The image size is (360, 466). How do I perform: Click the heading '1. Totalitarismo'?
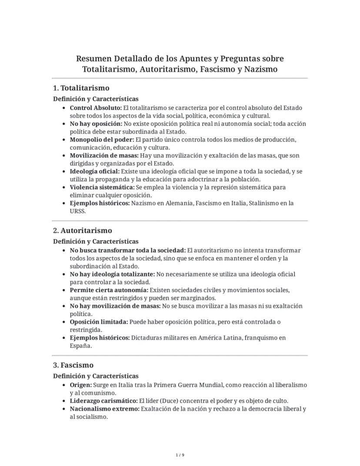coord(81,88)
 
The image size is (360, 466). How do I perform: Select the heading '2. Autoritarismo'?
coord(82,231)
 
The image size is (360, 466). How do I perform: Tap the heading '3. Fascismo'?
coord(73,365)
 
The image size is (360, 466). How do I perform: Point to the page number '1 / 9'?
coord(180,455)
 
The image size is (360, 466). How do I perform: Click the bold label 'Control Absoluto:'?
coord(96,108)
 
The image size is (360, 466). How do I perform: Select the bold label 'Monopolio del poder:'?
coord(102,140)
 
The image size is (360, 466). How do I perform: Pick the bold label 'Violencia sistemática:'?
coord(102,188)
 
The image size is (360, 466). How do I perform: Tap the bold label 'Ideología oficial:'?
coord(94,171)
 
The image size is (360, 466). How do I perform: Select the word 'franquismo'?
coord(270,338)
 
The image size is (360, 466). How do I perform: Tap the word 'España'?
coord(80,346)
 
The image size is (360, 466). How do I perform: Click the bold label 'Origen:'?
coord(80,385)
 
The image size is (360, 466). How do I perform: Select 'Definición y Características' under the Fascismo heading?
coord(96,376)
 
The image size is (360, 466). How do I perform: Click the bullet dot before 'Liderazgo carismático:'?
coord(64,401)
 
